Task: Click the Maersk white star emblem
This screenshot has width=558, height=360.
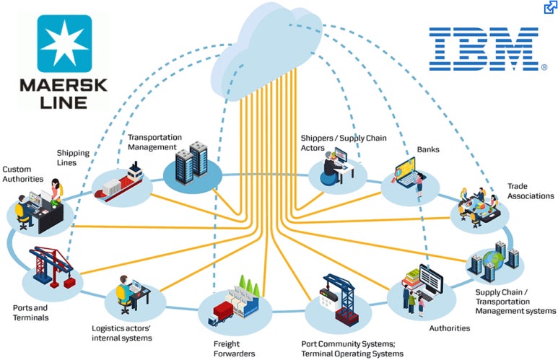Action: click(64, 43)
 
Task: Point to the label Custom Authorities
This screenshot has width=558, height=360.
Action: click(23, 174)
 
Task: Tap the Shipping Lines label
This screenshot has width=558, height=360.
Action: click(73, 157)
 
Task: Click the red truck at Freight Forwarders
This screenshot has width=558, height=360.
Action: click(220, 313)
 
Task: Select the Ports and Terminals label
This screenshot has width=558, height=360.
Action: click(30, 312)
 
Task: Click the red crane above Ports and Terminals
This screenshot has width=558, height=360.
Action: click(53, 267)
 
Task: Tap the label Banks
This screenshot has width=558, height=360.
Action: click(428, 149)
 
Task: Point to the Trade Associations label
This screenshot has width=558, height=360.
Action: click(531, 191)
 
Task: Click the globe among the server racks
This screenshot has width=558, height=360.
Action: click(493, 260)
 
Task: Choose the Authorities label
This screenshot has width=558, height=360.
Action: click(450, 328)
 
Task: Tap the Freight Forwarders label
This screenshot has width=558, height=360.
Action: click(234, 348)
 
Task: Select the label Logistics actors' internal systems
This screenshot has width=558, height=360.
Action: click(122, 333)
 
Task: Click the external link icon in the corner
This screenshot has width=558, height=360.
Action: click(551, 7)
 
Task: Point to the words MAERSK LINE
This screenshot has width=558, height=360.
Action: click(64, 94)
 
